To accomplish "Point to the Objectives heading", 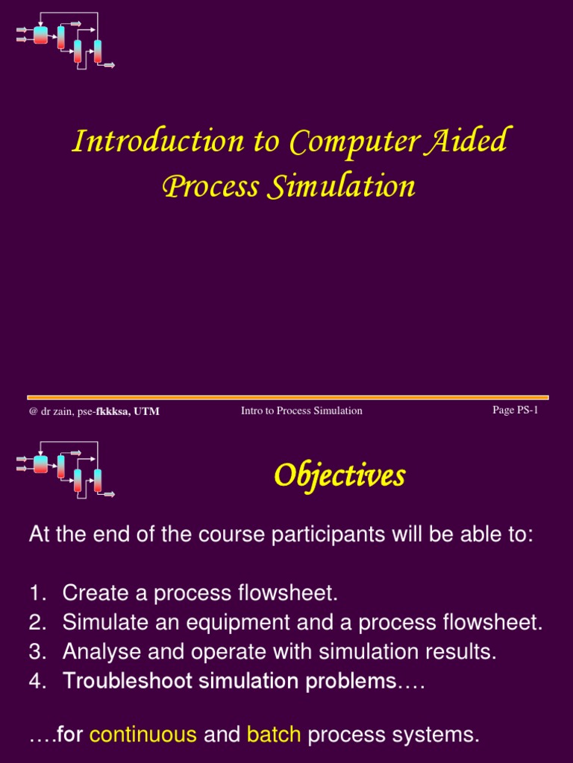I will point(339,475).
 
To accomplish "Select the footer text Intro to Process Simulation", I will point(301,411).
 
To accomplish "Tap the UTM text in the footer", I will point(146,411).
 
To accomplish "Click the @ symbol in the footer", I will point(33,411).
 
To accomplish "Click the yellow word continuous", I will point(143,735).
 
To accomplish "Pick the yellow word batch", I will point(274,735).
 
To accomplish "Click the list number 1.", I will point(37,593).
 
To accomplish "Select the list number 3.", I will point(37,652).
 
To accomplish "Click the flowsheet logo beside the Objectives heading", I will point(66,470).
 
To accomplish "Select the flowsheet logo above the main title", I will point(66,39).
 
